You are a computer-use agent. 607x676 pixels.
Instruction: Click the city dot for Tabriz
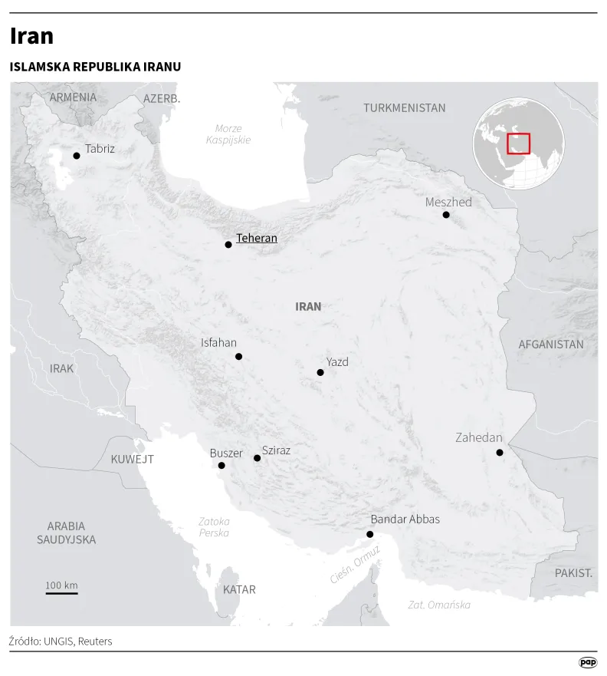pyautogui.click(x=77, y=156)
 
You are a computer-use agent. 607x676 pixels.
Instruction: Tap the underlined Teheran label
pyautogui.click(x=256, y=239)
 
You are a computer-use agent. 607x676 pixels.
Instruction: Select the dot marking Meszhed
pyautogui.click(x=446, y=215)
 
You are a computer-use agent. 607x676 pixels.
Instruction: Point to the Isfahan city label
pyautogui.click(x=218, y=343)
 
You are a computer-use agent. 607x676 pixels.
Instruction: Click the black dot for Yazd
pyautogui.click(x=320, y=373)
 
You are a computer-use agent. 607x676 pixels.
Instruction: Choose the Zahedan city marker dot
pyautogui.click(x=500, y=453)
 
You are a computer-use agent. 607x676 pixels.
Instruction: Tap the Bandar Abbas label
pyautogui.click(x=405, y=519)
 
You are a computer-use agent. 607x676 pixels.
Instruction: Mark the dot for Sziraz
pyautogui.click(x=258, y=458)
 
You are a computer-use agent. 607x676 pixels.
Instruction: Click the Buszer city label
pyautogui.click(x=226, y=453)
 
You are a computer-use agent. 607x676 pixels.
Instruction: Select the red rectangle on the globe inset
pyautogui.click(x=519, y=143)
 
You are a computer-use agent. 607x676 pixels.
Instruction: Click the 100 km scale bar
pyautogui.click(x=61, y=592)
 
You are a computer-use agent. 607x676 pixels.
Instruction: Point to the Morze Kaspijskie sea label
pyautogui.click(x=228, y=134)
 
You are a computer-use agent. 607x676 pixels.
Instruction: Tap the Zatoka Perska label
pyautogui.click(x=214, y=527)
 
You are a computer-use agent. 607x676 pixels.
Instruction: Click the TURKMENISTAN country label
pyautogui.click(x=404, y=108)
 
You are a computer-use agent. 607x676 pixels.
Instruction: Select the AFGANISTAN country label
pyautogui.click(x=550, y=345)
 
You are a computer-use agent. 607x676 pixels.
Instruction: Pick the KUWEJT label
pyautogui.click(x=132, y=460)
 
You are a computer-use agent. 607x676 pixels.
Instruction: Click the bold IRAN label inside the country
pyautogui.click(x=308, y=307)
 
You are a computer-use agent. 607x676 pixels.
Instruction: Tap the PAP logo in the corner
pyautogui.click(x=587, y=662)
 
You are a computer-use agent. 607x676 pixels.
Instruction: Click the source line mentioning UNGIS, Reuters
pyautogui.click(x=61, y=641)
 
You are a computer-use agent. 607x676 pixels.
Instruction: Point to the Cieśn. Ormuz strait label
pyautogui.click(x=355, y=565)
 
